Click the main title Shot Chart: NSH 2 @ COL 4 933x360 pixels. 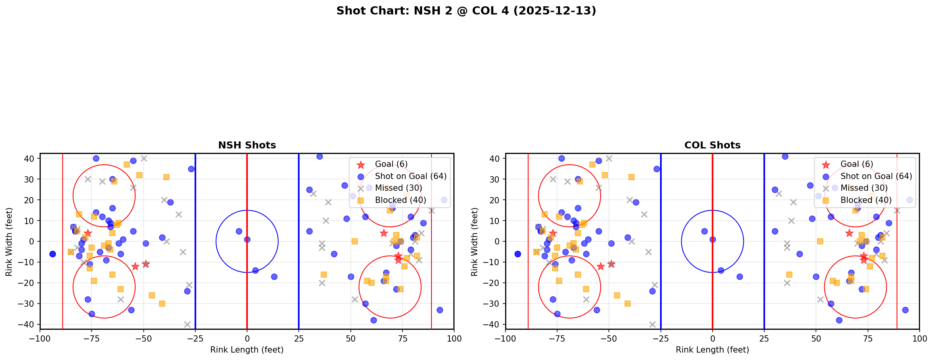[466, 11]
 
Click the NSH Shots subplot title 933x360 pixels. [247, 145]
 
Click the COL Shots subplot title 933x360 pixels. [712, 145]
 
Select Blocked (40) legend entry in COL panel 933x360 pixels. [866, 200]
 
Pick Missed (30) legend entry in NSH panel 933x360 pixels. [398, 188]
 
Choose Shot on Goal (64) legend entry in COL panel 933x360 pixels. [876, 176]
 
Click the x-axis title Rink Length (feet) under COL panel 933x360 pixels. [712, 350]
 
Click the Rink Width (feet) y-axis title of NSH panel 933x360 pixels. [9, 242]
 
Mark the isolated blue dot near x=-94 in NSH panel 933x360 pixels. [52, 254]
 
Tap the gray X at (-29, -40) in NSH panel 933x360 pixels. [187, 324]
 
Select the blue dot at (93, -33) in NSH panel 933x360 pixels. [440, 310]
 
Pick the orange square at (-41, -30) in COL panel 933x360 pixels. [628, 304]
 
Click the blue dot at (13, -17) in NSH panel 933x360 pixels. [274, 277]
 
